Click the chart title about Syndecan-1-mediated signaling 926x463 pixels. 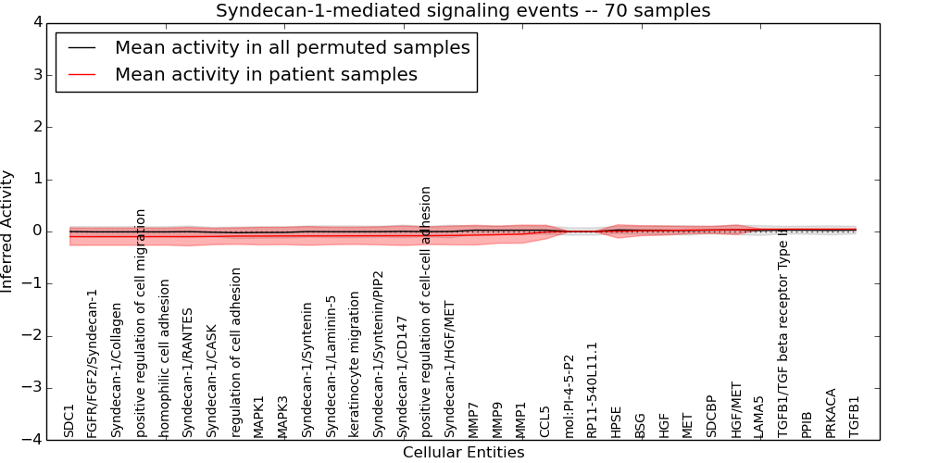pyautogui.click(x=463, y=11)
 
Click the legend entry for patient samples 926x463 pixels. pyautogui.click(x=266, y=74)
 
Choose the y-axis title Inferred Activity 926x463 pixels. pyautogui.click(x=8, y=231)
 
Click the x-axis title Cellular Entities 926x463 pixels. pyautogui.click(x=463, y=453)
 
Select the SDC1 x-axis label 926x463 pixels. pyautogui.click(x=69, y=420)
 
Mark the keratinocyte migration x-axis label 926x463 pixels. pyautogui.click(x=355, y=365)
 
